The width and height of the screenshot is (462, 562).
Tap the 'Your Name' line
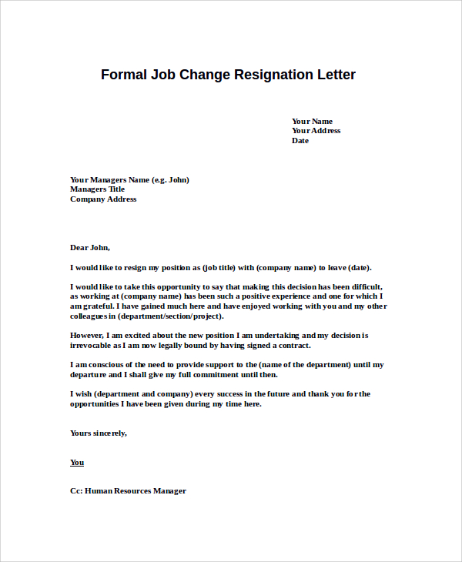[x=312, y=121]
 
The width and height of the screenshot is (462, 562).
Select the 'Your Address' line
[x=316, y=131]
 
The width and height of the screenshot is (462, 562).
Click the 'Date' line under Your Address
[x=300, y=141]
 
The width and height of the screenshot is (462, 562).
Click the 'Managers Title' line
[x=97, y=189]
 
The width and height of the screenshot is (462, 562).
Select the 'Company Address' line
[x=103, y=199]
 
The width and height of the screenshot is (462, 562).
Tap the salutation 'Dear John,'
[x=90, y=248]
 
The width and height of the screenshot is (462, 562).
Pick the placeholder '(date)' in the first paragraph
[x=360, y=268]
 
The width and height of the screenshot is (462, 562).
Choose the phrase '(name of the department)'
[x=305, y=365]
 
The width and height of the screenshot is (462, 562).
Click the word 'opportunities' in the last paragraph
[x=96, y=404]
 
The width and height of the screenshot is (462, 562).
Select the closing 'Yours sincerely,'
[x=99, y=433]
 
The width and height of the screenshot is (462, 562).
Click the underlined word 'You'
[x=77, y=463]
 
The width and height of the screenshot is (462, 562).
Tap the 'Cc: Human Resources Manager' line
[x=128, y=491]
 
